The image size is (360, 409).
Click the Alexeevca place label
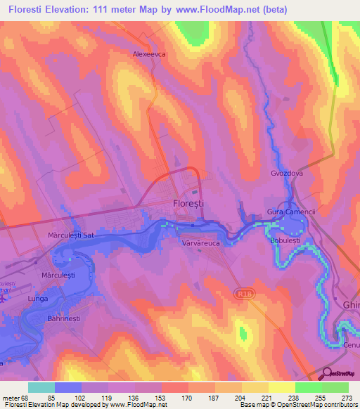(x=148, y=53)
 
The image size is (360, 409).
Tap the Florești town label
(x=188, y=202)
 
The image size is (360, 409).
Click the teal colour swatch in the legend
(x=41, y=387)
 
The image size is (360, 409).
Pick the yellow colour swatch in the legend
(x=281, y=387)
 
